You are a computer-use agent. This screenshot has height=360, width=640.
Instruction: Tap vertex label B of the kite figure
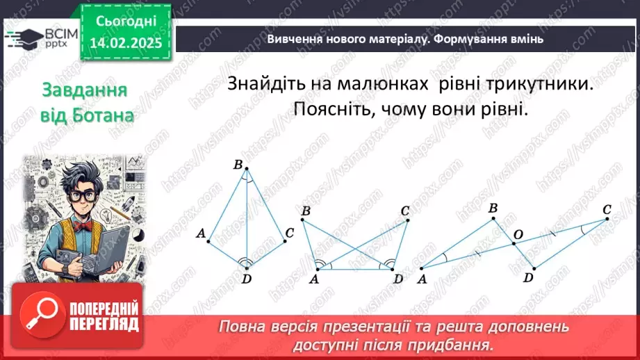coord(238,165)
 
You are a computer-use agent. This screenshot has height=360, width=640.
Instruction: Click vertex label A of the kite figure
coord(201,234)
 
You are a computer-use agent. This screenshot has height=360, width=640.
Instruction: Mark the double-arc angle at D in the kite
coord(245,262)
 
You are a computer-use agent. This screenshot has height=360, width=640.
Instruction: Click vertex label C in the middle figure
coord(404,211)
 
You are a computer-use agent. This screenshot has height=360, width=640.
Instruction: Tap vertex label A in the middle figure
coord(313,279)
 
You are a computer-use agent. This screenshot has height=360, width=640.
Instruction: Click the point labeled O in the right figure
coord(516,236)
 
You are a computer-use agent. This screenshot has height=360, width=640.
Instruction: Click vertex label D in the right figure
coord(528,277)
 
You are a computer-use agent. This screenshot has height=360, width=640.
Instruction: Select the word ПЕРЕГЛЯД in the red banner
coord(104,324)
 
